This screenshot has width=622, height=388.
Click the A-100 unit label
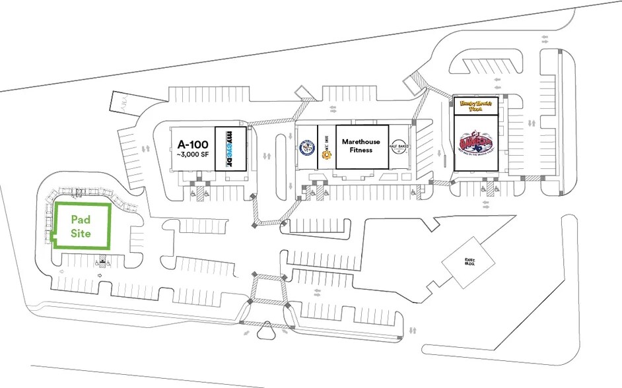tap(192, 144)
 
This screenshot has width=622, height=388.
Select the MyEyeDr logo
tap(231, 148)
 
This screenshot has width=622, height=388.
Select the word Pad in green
tap(81, 220)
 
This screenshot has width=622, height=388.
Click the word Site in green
tap(81, 234)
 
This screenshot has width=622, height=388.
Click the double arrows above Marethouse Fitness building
tap(332, 108)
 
